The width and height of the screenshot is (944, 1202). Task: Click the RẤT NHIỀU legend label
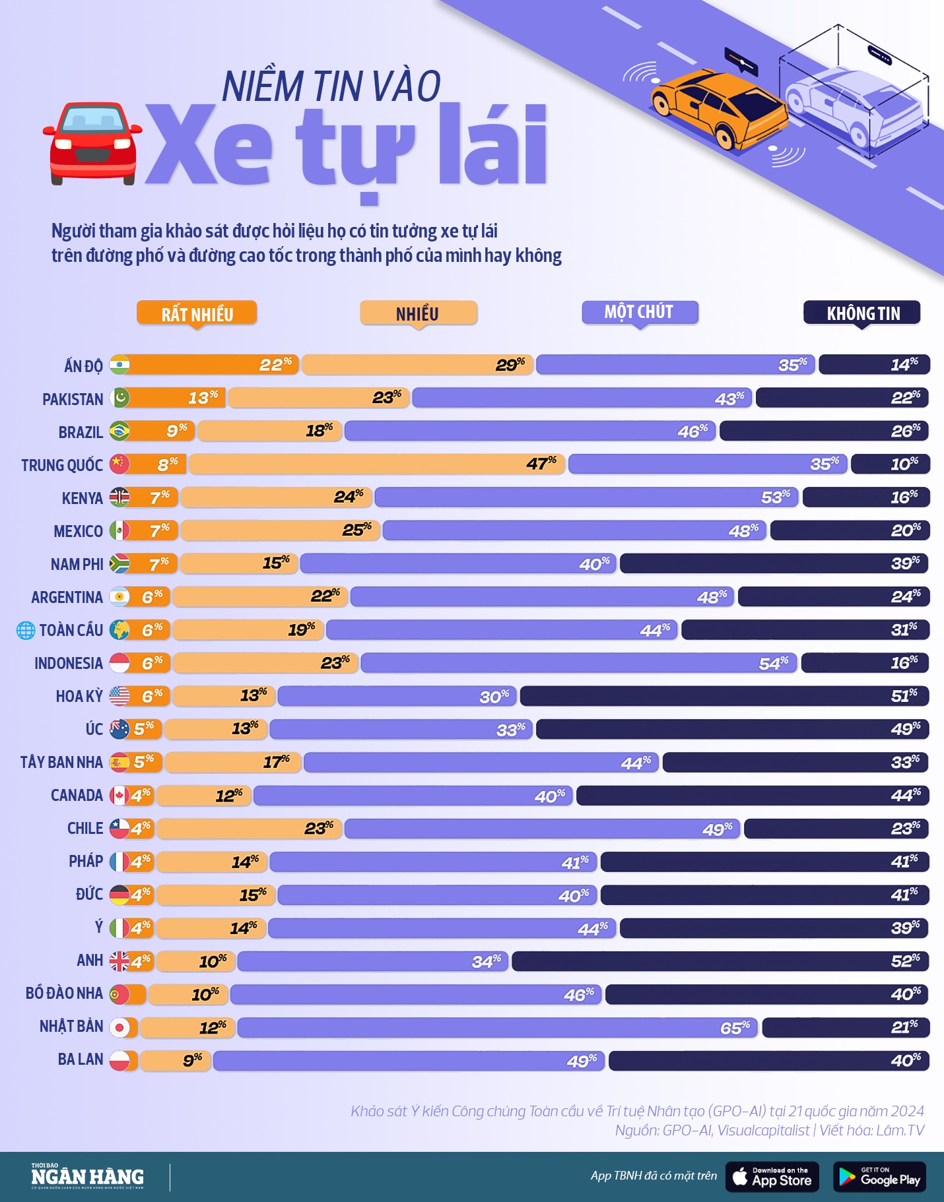pos(197,313)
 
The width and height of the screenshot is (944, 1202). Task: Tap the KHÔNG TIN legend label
pos(862,313)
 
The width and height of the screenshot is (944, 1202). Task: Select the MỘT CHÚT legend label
pos(639,312)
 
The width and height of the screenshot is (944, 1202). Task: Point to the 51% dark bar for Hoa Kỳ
pos(724,696)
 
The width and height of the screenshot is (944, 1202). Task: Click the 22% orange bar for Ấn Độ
pos(211,365)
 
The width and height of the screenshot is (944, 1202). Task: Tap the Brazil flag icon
pos(119,431)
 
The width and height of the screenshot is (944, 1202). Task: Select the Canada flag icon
pos(119,796)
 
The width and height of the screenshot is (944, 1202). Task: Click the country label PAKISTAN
pos(73,399)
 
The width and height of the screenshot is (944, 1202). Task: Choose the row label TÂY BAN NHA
pos(61,763)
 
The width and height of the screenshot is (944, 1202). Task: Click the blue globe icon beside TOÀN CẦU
pos(26,631)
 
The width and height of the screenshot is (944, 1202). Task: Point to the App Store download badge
pos(772,1177)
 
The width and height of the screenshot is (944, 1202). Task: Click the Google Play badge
pos(879,1177)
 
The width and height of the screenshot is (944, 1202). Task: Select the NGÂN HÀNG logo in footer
pos(87,1177)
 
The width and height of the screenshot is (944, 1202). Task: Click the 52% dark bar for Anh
pos(720,961)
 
